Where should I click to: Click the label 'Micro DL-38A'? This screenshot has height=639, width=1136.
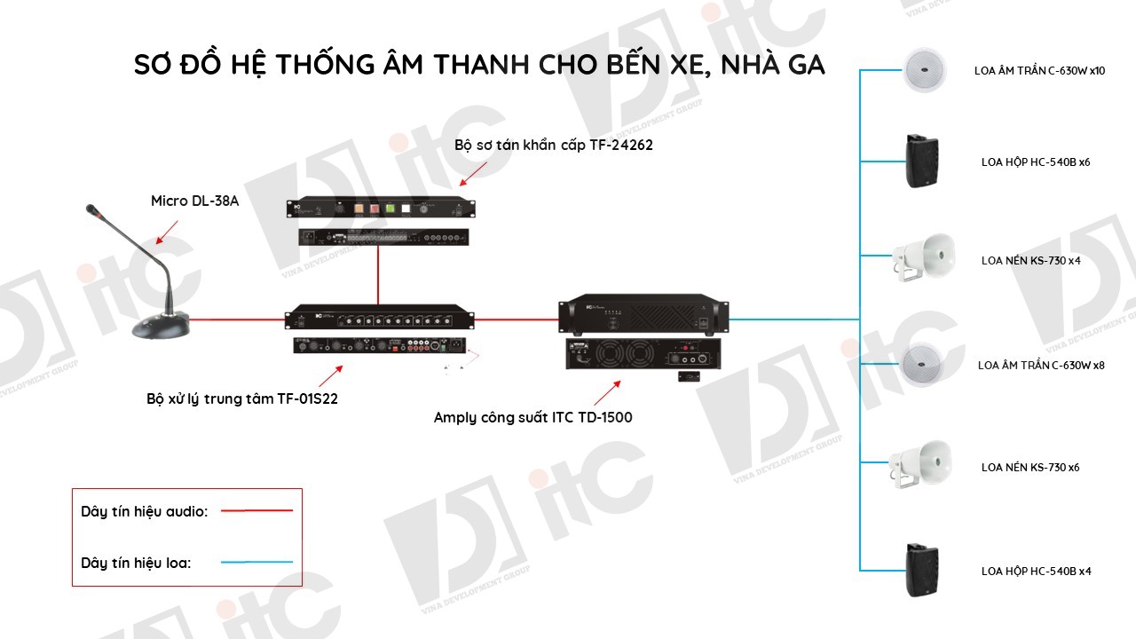pyautogui.click(x=194, y=201)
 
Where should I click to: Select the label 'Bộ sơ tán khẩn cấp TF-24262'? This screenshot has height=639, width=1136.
pyautogui.click(x=553, y=145)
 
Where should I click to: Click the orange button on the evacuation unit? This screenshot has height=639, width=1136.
pyautogui.click(x=359, y=209)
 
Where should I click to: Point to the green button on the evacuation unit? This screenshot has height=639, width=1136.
pyautogui.click(x=390, y=209)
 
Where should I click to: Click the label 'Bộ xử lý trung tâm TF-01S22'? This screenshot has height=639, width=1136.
pyautogui.click(x=242, y=398)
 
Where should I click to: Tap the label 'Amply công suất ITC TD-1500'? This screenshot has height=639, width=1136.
pyautogui.click(x=533, y=417)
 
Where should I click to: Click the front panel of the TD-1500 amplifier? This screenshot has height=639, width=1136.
pyautogui.click(x=643, y=314)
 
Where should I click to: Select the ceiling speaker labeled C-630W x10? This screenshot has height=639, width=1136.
pyautogui.click(x=924, y=70)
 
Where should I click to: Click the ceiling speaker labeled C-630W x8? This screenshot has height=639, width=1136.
pyautogui.click(x=922, y=365)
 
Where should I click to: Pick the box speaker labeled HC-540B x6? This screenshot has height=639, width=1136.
pyautogui.click(x=922, y=162)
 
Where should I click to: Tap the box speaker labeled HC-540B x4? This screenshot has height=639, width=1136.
pyautogui.click(x=922, y=570)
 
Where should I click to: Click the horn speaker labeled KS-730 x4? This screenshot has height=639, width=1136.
pyautogui.click(x=924, y=257)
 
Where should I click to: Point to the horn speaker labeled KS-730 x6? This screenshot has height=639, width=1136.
pyautogui.click(x=920, y=464)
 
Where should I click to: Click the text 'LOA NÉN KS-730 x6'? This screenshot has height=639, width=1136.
pyautogui.click(x=1030, y=467)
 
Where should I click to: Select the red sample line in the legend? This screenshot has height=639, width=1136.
pyautogui.click(x=256, y=510)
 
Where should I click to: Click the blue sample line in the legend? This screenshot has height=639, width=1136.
pyautogui.click(x=256, y=562)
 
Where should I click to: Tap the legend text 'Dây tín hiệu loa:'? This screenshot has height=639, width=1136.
pyautogui.click(x=136, y=563)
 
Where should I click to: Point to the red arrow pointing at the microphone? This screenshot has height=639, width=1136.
pyautogui.click(x=167, y=233)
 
